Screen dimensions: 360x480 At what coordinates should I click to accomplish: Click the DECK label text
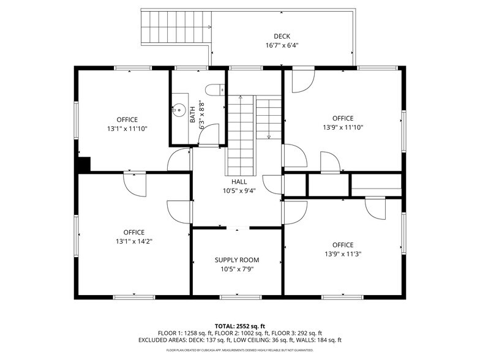[282, 36]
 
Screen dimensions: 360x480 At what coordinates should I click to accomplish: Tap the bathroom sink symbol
[178, 111]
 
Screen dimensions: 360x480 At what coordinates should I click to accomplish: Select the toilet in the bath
[215, 90]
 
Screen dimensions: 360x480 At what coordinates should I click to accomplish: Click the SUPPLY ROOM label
[236, 260]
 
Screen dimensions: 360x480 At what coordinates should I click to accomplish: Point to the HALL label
[239, 182]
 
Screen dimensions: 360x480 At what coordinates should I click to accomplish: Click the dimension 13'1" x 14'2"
[133, 241]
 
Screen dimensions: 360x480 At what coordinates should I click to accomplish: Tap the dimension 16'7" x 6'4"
[282, 45]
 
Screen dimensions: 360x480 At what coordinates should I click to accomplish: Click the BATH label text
[192, 113]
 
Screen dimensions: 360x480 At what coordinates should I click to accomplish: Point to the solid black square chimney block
[84, 165]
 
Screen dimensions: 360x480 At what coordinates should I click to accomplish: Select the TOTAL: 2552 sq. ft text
[239, 326]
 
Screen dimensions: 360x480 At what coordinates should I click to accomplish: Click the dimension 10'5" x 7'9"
[236, 269]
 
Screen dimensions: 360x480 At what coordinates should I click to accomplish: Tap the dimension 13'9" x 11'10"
[343, 127]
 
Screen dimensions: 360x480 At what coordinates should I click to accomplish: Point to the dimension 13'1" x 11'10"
[127, 129]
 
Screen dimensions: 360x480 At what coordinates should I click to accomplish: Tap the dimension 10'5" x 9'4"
[239, 190]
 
